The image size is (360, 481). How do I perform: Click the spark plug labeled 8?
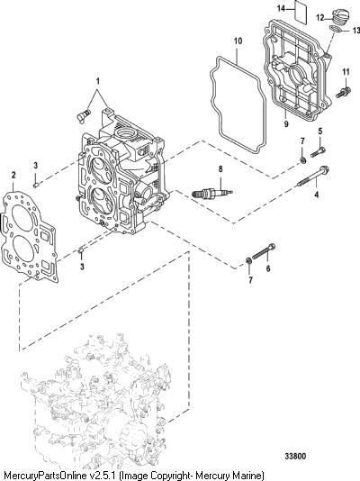[x=212, y=193]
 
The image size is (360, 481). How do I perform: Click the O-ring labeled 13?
[x=335, y=29]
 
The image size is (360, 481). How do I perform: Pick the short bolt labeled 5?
[x=318, y=152]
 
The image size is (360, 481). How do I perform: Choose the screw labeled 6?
[x=264, y=251]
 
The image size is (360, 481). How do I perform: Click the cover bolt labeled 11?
[x=344, y=92]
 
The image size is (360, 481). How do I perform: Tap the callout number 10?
[x=238, y=41]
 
